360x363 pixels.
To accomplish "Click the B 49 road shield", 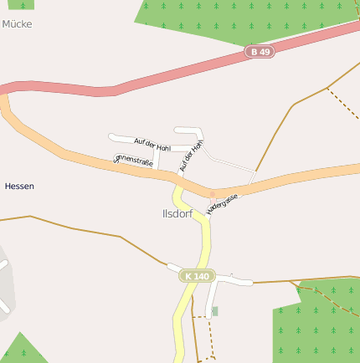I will click(260, 52).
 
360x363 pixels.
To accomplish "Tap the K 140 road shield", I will click(197, 276).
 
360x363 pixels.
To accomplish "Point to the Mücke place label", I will click(17, 24).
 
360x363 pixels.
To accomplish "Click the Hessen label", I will click(19, 186).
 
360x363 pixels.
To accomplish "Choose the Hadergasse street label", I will click(223, 203).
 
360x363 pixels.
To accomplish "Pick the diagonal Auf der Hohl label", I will click(192, 157).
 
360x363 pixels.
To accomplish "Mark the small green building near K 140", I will click(215, 311).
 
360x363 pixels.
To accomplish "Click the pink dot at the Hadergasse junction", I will click(212, 194).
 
